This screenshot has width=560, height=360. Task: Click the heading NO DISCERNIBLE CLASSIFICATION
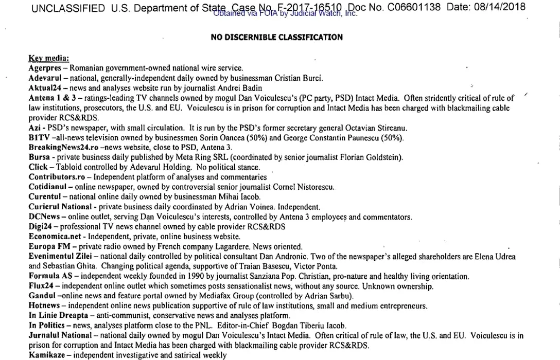[276, 37]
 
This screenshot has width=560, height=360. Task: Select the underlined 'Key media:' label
[49, 59]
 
